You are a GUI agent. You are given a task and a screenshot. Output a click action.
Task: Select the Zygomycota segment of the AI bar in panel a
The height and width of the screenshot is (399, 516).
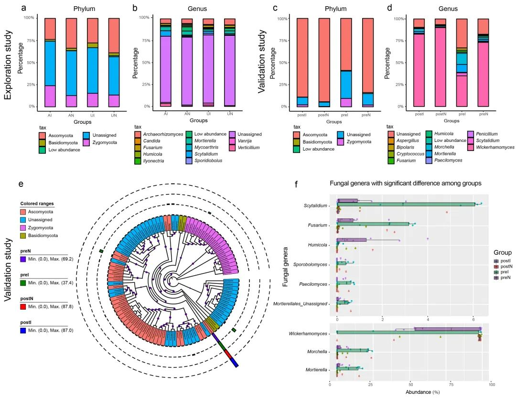(50, 96)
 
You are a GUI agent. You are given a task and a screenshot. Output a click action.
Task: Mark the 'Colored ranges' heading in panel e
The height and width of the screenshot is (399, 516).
(37, 204)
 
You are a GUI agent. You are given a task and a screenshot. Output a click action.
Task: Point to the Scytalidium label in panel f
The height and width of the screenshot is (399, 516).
(315, 206)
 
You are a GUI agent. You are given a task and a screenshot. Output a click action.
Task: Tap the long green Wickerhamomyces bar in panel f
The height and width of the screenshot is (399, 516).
(406, 333)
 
